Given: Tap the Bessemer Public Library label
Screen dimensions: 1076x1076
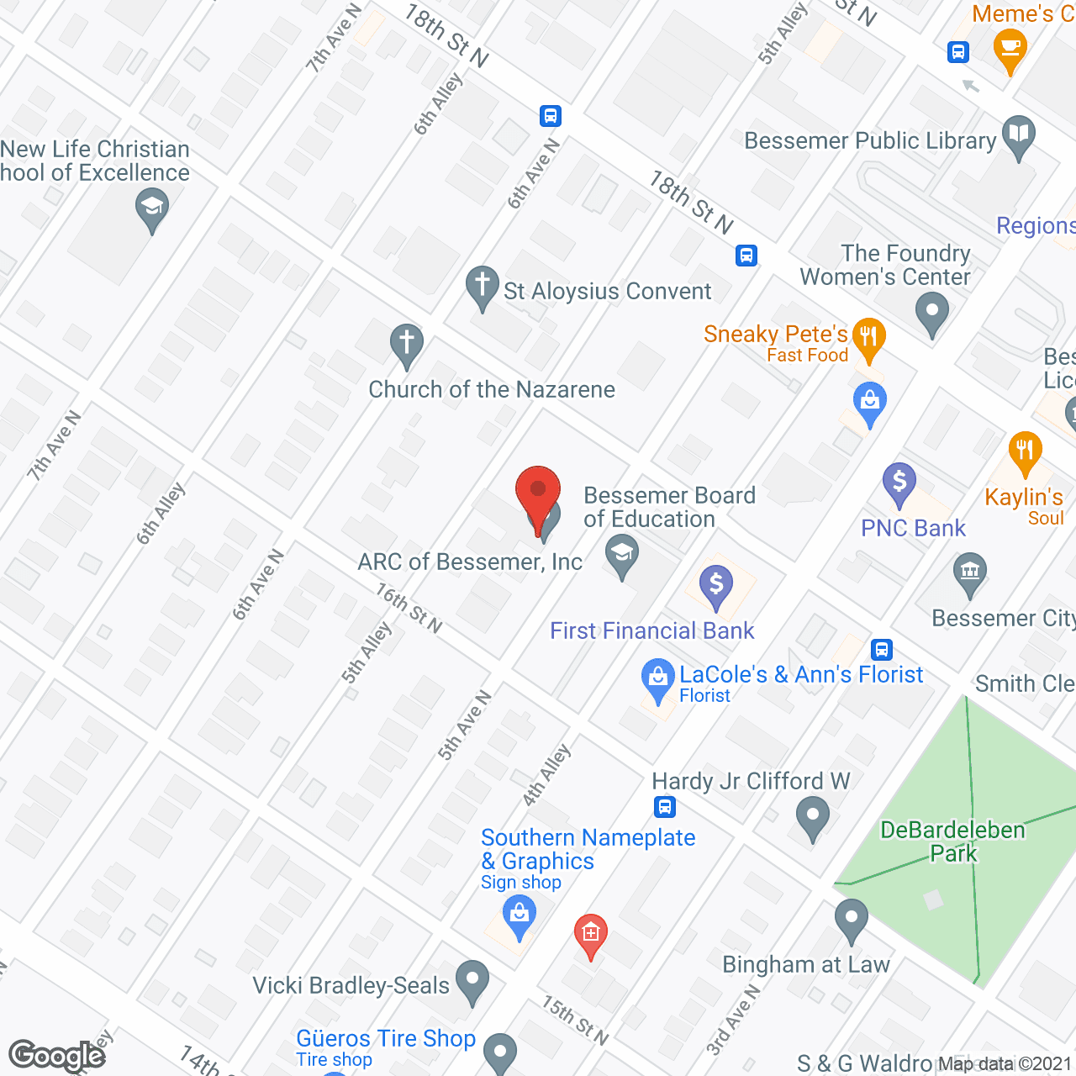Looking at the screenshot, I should (870, 140).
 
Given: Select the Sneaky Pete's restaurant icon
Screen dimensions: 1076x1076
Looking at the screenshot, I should (868, 338).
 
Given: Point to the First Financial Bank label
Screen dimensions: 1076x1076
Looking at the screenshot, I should (651, 630).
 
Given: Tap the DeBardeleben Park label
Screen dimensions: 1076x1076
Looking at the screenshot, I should (952, 841).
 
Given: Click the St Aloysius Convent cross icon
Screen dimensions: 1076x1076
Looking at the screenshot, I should (483, 286).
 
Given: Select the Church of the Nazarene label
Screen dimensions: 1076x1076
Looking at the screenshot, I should (492, 389).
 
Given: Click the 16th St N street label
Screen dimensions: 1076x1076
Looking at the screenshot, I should (409, 608).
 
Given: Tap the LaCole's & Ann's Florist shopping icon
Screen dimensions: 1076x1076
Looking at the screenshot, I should (657, 679).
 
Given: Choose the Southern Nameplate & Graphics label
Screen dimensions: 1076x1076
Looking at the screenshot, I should (588, 849).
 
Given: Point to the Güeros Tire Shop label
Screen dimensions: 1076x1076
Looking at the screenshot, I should (386, 1039).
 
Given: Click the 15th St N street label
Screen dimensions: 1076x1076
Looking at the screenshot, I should (575, 1020).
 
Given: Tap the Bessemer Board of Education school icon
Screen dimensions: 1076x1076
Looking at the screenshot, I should (622, 556).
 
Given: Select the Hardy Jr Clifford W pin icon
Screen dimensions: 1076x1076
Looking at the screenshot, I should (813, 816).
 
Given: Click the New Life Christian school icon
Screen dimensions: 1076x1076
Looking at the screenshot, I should (152, 208).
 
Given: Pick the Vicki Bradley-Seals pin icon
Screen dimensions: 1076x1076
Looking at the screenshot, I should (472, 980).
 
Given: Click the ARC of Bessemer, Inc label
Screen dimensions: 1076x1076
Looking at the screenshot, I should (470, 562).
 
